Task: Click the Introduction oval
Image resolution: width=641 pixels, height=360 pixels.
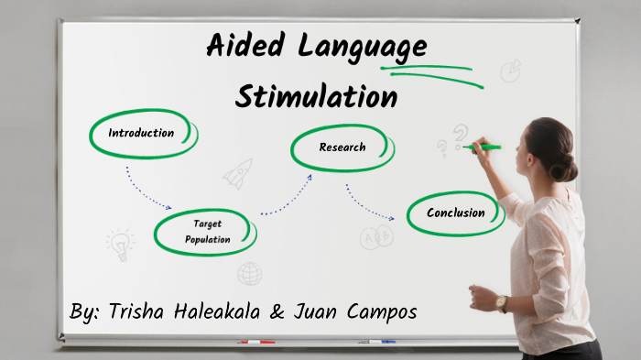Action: (141, 134)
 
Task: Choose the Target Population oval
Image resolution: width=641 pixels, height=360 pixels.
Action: (206, 232)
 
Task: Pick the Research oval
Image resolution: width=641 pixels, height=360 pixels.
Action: (342, 147)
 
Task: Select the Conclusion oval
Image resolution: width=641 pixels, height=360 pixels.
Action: (455, 213)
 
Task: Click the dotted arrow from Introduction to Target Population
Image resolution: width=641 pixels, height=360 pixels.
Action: (147, 189)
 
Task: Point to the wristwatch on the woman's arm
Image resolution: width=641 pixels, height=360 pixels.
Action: (501, 302)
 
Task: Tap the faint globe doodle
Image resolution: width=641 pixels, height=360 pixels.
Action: (250, 272)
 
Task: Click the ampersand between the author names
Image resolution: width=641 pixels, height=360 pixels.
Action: (278, 312)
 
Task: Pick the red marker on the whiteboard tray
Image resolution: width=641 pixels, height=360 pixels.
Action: (257, 342)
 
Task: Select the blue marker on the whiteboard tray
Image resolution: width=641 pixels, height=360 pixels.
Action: (376, 342)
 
